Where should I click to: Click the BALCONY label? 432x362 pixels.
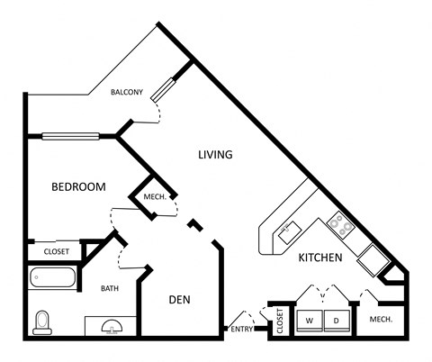[127, 92]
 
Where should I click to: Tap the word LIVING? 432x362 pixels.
[215, 155]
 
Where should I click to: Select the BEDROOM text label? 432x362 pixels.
[78, 187]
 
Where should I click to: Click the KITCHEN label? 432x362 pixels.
[320, 258]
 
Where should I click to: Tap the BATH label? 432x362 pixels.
[110, 288]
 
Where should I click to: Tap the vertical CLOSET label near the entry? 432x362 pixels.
[280, 321]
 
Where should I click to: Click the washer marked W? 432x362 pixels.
[309, 320]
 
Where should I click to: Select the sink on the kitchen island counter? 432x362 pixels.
[290, 230]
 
